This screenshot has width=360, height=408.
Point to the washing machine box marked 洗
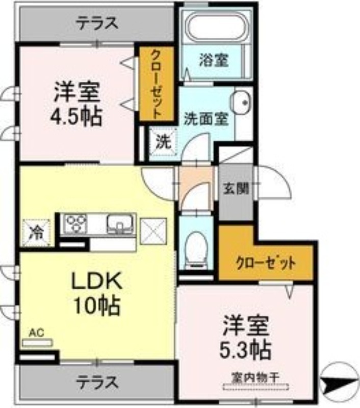coord(163,141)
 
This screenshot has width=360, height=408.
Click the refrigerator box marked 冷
coord(36,233)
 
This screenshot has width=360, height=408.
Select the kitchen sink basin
coord(120,223)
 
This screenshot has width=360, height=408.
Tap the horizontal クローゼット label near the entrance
coord(265,264)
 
